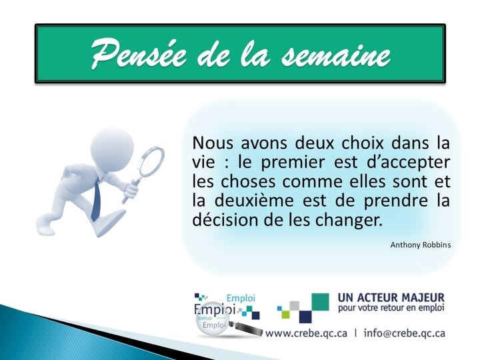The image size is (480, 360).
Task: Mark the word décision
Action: [223, 220]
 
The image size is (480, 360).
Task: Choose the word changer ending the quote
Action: [354, 220]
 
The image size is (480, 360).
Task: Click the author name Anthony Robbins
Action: [420, 245]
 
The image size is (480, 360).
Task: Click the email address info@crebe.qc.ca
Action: [405, 333]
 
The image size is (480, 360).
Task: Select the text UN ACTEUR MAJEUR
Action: [391, 297]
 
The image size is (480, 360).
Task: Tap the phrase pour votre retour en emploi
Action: [391, 309]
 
